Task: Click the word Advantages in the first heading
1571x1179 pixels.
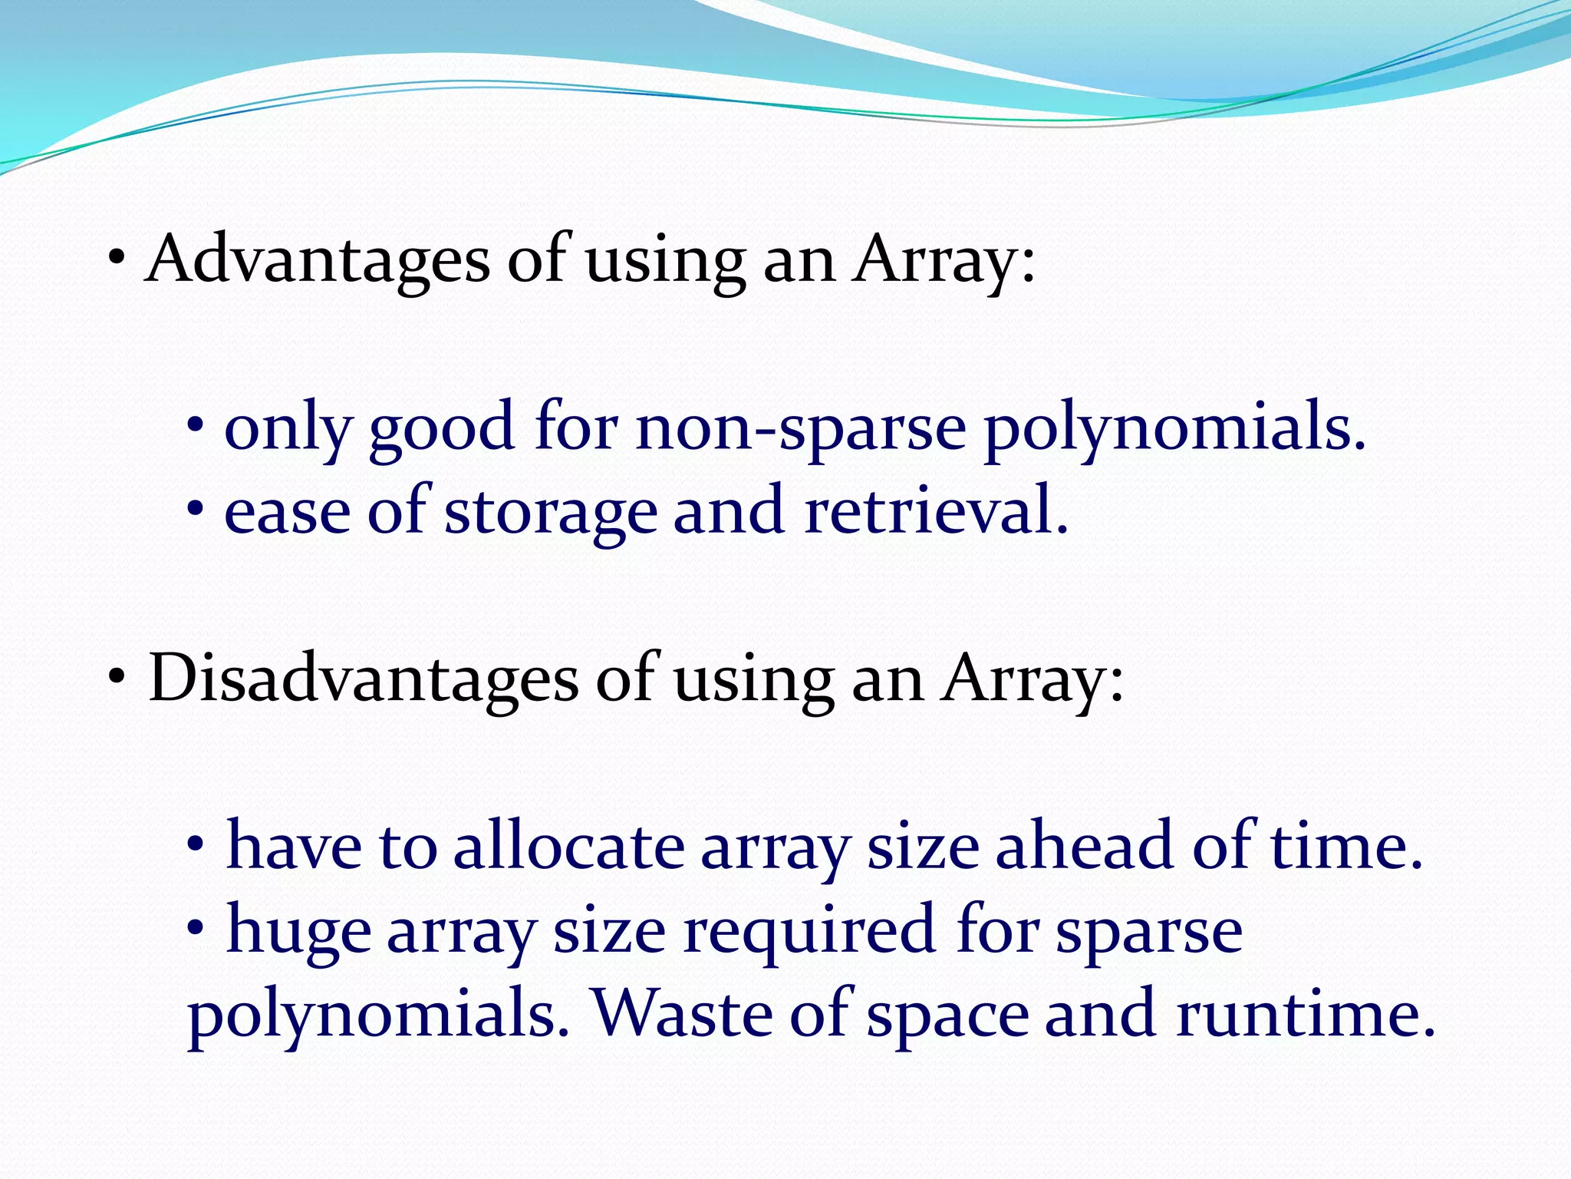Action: pos(317,261)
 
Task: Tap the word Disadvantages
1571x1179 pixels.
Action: pos(363,679)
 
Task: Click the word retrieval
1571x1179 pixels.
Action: pos(935,512)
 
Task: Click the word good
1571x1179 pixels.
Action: pos(441,430)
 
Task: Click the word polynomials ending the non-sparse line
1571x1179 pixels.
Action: pos(1174,430)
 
